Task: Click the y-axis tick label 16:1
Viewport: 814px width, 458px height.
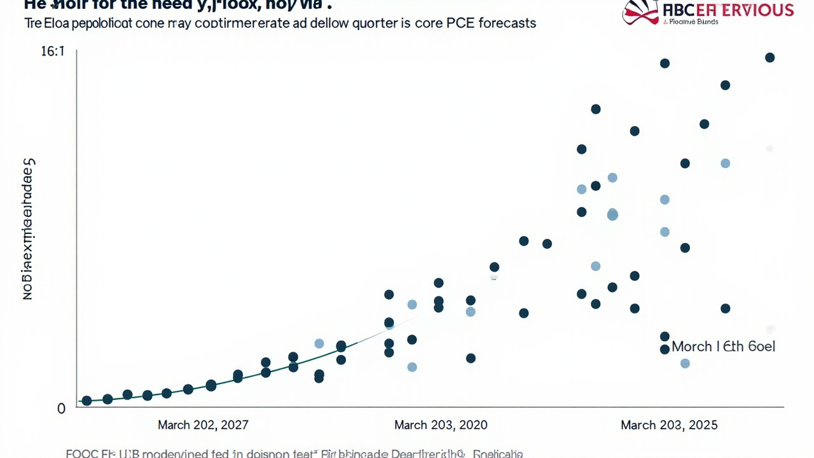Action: pyautogui.click(x=53, y=52)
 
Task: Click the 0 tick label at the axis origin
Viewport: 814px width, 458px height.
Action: pyautogui.click(x=61, y=409)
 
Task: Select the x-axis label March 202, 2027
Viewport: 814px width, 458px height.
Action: pyautogui.click(x=203, y=425)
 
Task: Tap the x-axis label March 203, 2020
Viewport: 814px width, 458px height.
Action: pyautogui.click(x=441, y=425)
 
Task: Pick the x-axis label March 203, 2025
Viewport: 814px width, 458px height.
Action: pyautogui.click(x=669, y=425)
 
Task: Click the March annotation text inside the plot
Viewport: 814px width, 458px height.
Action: pyautogui.click(x=723, y=347)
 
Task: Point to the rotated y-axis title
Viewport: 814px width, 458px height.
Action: pyautogui.click(x=28, y=229)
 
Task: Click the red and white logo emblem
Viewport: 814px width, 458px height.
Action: pyautogui.click(x=640, y=12)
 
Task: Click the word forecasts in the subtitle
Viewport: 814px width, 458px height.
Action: pyautogui.click(x=509, y=24)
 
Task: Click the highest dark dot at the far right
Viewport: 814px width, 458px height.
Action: pyautogui.click(x=769, y=58)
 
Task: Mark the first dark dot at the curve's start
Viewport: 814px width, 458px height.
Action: pyautogui.click(x=87, y=401)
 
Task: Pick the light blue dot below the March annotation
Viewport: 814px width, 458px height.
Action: pyautogui.click(x=685, y=364)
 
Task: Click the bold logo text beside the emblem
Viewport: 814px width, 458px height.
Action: pyautogui.click(x=728, y=10)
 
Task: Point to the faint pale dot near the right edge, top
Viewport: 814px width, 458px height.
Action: pyautogui.click(x=769, y=149)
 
